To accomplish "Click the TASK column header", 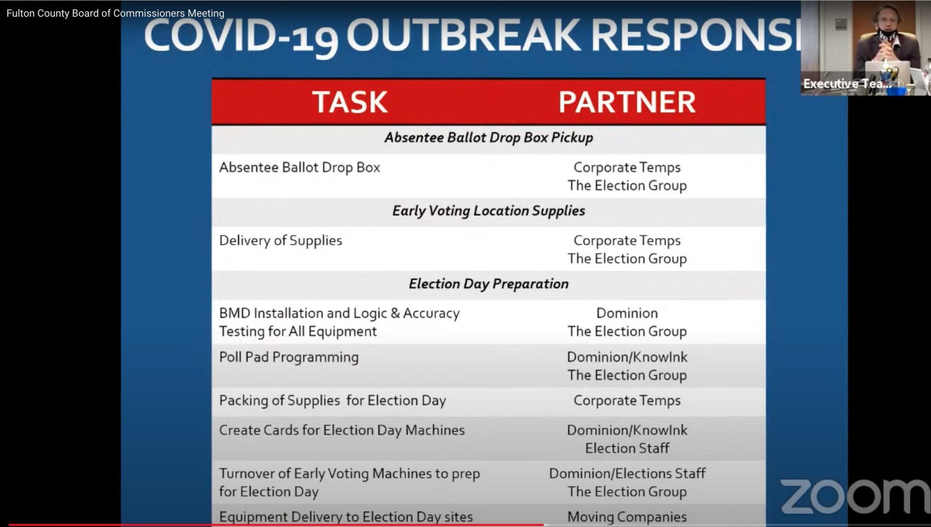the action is (x=350, y=102).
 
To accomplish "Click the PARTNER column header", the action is (x=627, y=102).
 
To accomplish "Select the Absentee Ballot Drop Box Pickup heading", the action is (x=489, y=138).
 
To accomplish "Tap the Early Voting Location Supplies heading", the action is (x=489, y=211).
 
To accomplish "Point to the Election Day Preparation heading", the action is (x=489, y=284).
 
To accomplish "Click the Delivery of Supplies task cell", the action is (x=280, y=241).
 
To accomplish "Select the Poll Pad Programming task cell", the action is (x=289, y=357).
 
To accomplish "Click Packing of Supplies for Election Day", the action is (x=332, y=401).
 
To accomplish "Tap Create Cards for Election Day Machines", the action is (x=342, y=430).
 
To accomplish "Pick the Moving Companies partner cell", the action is (x=627, y=517).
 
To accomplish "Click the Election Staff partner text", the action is (x=627, y=448).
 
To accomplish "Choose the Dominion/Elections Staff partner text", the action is (x=627, y=474).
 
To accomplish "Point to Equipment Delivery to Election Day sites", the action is (x=346, y=517).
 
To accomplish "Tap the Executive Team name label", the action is (x=846, y=84).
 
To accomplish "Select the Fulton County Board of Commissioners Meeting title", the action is (x=115, y=14).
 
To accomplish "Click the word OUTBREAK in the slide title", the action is (x=464, y=35).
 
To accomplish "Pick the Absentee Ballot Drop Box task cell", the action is (x=300, y=168).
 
